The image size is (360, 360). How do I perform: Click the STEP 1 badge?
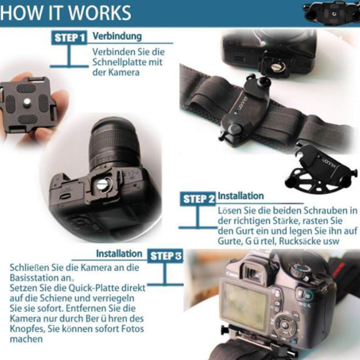point(69,37)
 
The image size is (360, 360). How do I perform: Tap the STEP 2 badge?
point(198,199)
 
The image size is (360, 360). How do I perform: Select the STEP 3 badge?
point(165,256)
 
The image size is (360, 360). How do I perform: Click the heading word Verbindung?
point(117,36)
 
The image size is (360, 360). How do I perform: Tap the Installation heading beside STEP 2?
point(241,196)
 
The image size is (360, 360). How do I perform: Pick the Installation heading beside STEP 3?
point(119,254)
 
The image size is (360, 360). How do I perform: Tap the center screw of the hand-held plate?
point(27,102)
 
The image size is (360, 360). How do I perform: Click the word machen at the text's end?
point(26,339)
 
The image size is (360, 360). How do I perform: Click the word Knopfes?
point(27,329)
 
